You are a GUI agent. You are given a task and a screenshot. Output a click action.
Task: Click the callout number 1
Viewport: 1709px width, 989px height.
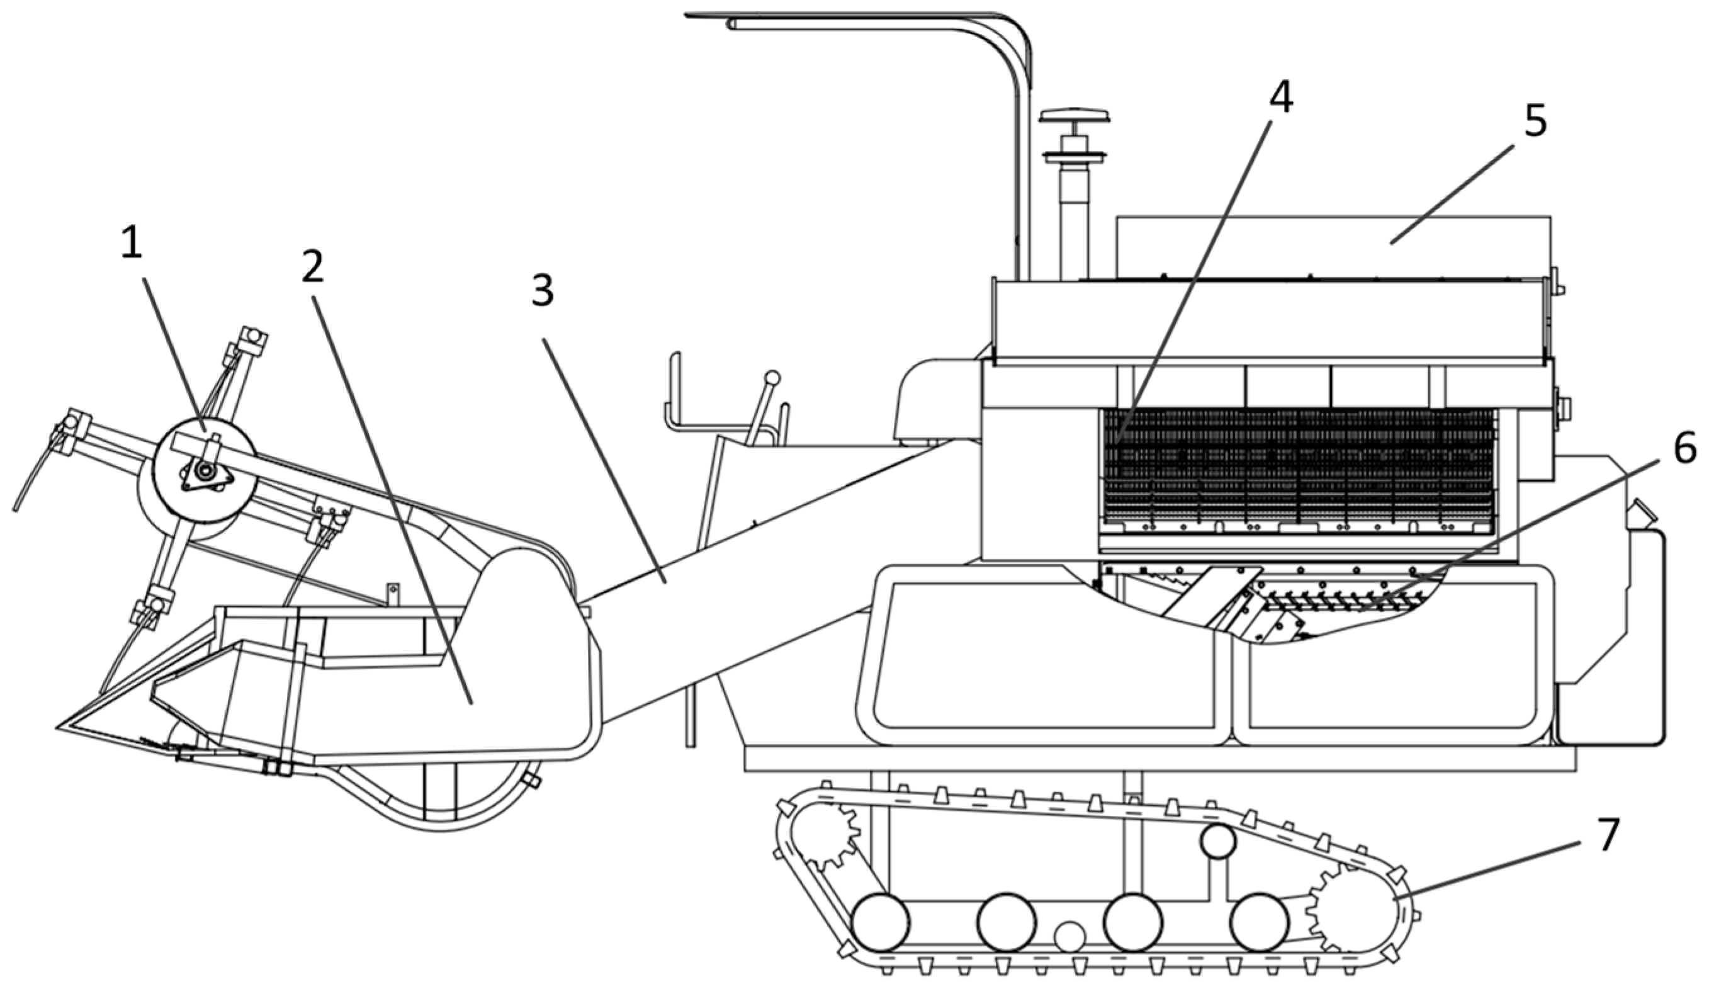click(x=132, y=244)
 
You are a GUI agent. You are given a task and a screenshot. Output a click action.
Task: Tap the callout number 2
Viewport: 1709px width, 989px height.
click(x=312, y=269)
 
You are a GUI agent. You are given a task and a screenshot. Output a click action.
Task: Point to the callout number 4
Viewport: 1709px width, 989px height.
click(x=1280, y=98)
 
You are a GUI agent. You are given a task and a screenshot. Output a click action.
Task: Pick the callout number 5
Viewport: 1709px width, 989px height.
click(x=1535, y=121)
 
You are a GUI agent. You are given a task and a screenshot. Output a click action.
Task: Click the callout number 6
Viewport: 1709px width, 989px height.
click(x=1684, y=449)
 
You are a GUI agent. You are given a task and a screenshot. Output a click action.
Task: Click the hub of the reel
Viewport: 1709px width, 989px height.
click(x=203, y=470)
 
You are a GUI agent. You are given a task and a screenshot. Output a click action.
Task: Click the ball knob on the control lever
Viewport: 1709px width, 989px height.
click(x=772, y=378)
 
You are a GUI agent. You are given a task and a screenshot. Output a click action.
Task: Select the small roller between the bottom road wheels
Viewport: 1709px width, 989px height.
click(x=1069, y=937)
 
